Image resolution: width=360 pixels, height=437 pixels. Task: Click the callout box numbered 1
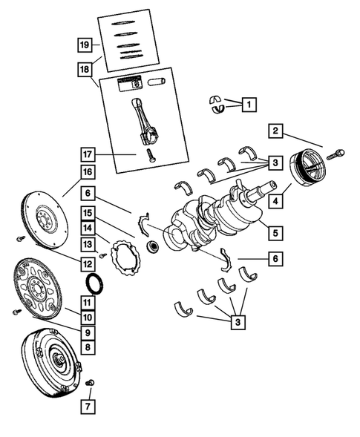tap(248, 105)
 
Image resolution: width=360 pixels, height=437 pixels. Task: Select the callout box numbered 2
tap(275, 131)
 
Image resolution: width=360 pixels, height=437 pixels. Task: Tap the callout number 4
tap(275, 200)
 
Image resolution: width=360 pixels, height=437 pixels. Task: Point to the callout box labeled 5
tap(275, 233)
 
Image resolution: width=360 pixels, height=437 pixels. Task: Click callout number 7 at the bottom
tap(88, 407)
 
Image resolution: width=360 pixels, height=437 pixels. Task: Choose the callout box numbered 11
tap(88, 302)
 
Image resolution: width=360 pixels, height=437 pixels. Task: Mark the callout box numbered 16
tap(88, 172)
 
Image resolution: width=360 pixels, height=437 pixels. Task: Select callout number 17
tap(88, 155)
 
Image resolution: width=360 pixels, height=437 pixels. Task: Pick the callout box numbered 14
tap(88, 228)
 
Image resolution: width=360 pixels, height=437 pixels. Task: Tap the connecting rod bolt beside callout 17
tap(148, 156)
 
